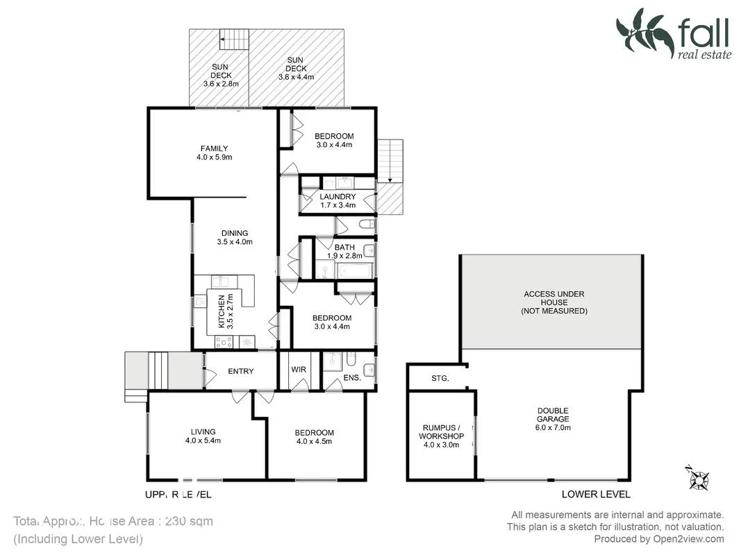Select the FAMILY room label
point(214,153)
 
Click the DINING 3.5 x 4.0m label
point(234,238)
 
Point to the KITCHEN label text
point(222,311)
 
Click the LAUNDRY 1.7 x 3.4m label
point(338,200)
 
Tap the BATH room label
point(344,251)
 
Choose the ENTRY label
point(241,371)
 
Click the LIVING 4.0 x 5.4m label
point(203,436)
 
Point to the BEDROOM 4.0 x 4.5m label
point(315,436)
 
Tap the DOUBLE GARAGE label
point(553,419)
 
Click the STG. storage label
point(440,379)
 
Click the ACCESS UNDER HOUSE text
point(553,302)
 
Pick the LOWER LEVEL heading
point(596,494)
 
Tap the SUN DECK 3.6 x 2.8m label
point(221,76)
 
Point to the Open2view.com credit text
point(658,539)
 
